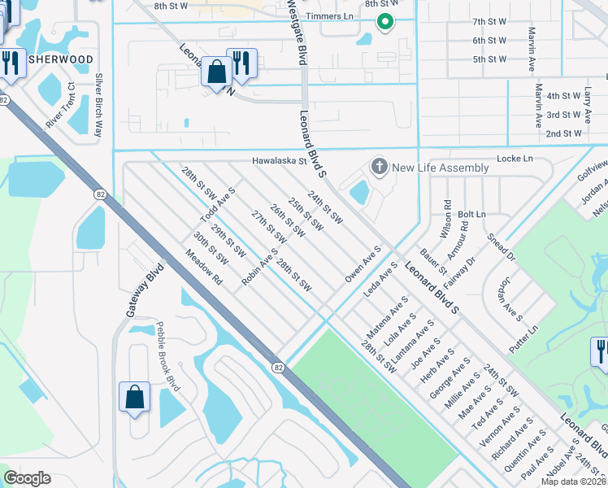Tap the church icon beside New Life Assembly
click(x=378, y=168)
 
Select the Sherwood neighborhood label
click(x=60, y=59)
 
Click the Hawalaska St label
click(x=278, y=161)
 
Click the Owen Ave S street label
click(x=363, y=264)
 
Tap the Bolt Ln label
click(x=471, y=214)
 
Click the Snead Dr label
click(x=501, y=247)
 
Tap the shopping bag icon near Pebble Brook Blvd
click(x=134, y=398)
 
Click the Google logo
click(x=28, y=478)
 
